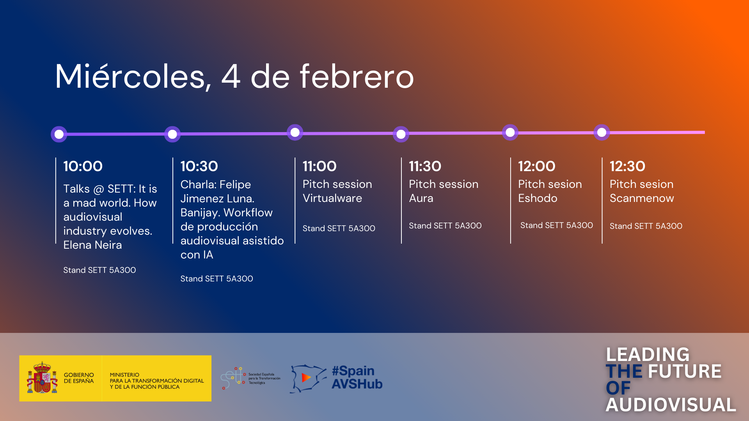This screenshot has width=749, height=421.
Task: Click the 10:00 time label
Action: (83, 166)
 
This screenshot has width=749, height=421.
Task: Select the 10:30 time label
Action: (199, 166)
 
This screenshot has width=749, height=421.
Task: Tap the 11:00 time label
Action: (319, 166)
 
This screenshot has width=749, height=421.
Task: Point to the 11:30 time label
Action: (425, 166)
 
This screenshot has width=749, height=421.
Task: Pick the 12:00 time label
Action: (536, 166)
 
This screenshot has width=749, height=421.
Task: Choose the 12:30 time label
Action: (627, 166)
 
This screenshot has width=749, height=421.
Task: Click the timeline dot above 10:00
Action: (59, 134)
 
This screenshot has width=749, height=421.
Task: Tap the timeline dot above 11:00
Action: (295, 132)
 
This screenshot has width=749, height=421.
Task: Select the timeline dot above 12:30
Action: (602, 132)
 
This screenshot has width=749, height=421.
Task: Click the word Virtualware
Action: (332, 198)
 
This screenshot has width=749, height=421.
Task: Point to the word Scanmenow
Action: (642, 198)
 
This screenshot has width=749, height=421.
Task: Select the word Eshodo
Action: (538, 198)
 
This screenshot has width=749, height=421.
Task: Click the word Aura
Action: (421, 198)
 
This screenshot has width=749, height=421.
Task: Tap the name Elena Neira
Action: (92, 245)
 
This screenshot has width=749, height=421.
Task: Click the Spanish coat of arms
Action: (42, 378)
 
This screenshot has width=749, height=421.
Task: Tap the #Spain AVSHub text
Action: (357, 377)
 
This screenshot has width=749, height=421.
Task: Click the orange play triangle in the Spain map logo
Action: (306, 377)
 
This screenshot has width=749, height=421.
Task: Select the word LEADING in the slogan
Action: (648, 354)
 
